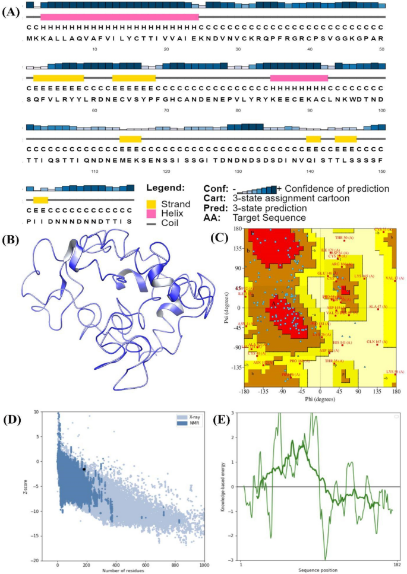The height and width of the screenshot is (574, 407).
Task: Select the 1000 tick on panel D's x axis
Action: [x=203, y=563]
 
